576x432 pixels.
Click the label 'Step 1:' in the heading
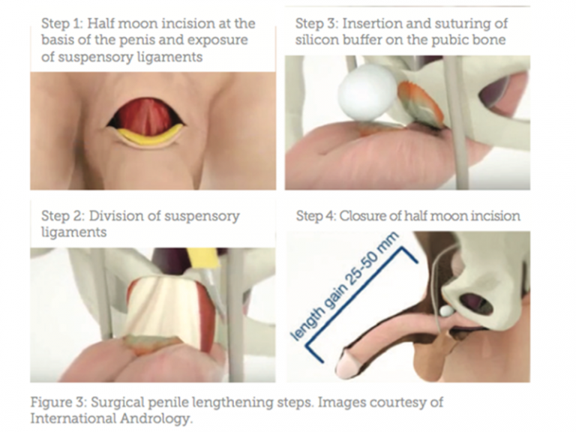[x=62, y=24]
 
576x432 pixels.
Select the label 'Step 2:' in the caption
[x=63, y=216]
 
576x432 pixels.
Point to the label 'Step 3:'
[x=317, y=24]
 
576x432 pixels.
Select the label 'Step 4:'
[x=316, y=216]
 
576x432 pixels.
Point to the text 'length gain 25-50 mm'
[x=344, y=286]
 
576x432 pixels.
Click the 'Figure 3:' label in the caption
[x=58, y=402]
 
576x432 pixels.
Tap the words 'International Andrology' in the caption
[x=111, y=418]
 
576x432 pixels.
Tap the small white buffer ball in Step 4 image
[x=446, y=311]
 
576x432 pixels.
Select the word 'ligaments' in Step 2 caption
[x=73, y=232]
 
